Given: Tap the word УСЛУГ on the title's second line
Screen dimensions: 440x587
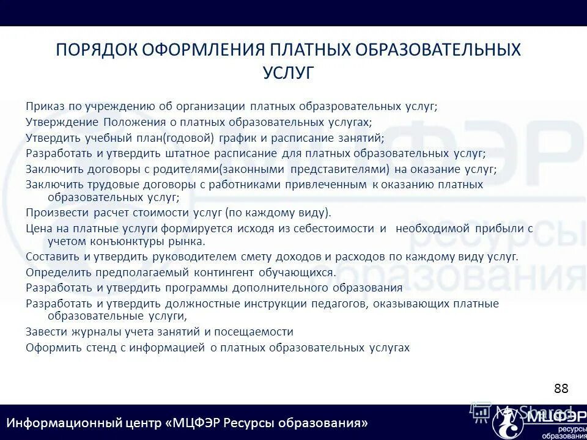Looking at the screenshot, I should pyautogui.click(x=288, y=73).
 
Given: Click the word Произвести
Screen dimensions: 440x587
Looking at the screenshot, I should pyautogui.click(x=57, y=213).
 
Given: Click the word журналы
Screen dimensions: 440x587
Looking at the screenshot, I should pyautogui.click(x=86, y=332).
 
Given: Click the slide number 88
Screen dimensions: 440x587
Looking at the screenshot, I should pyautogui.click(x=561, y=389).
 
